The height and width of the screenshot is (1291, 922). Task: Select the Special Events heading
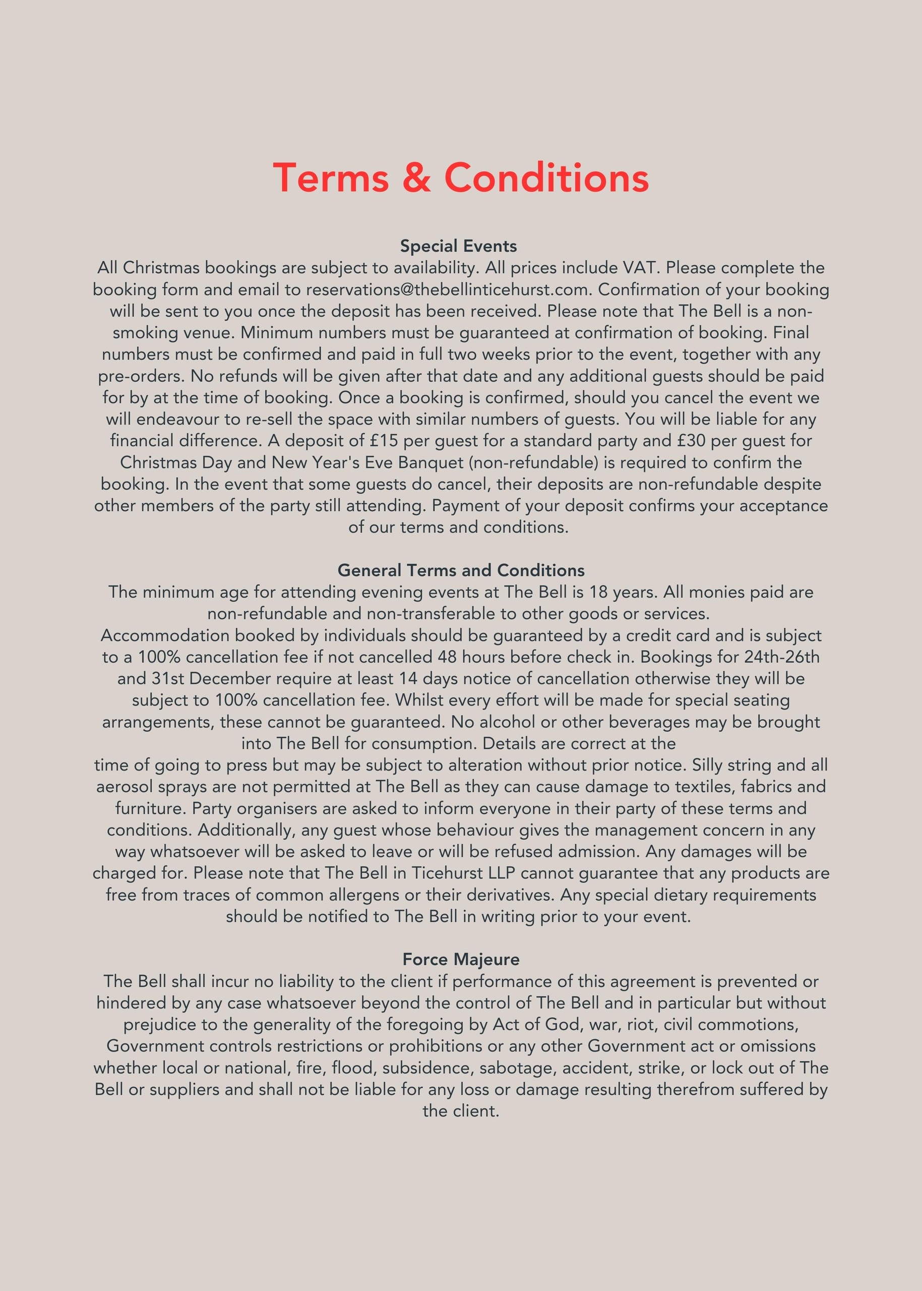[x=458, y=246]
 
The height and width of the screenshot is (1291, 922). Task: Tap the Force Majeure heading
[x=461, y=959]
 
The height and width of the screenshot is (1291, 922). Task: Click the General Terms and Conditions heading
[x=461, y=570]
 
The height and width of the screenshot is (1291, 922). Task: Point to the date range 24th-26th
[x=781, y=657]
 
